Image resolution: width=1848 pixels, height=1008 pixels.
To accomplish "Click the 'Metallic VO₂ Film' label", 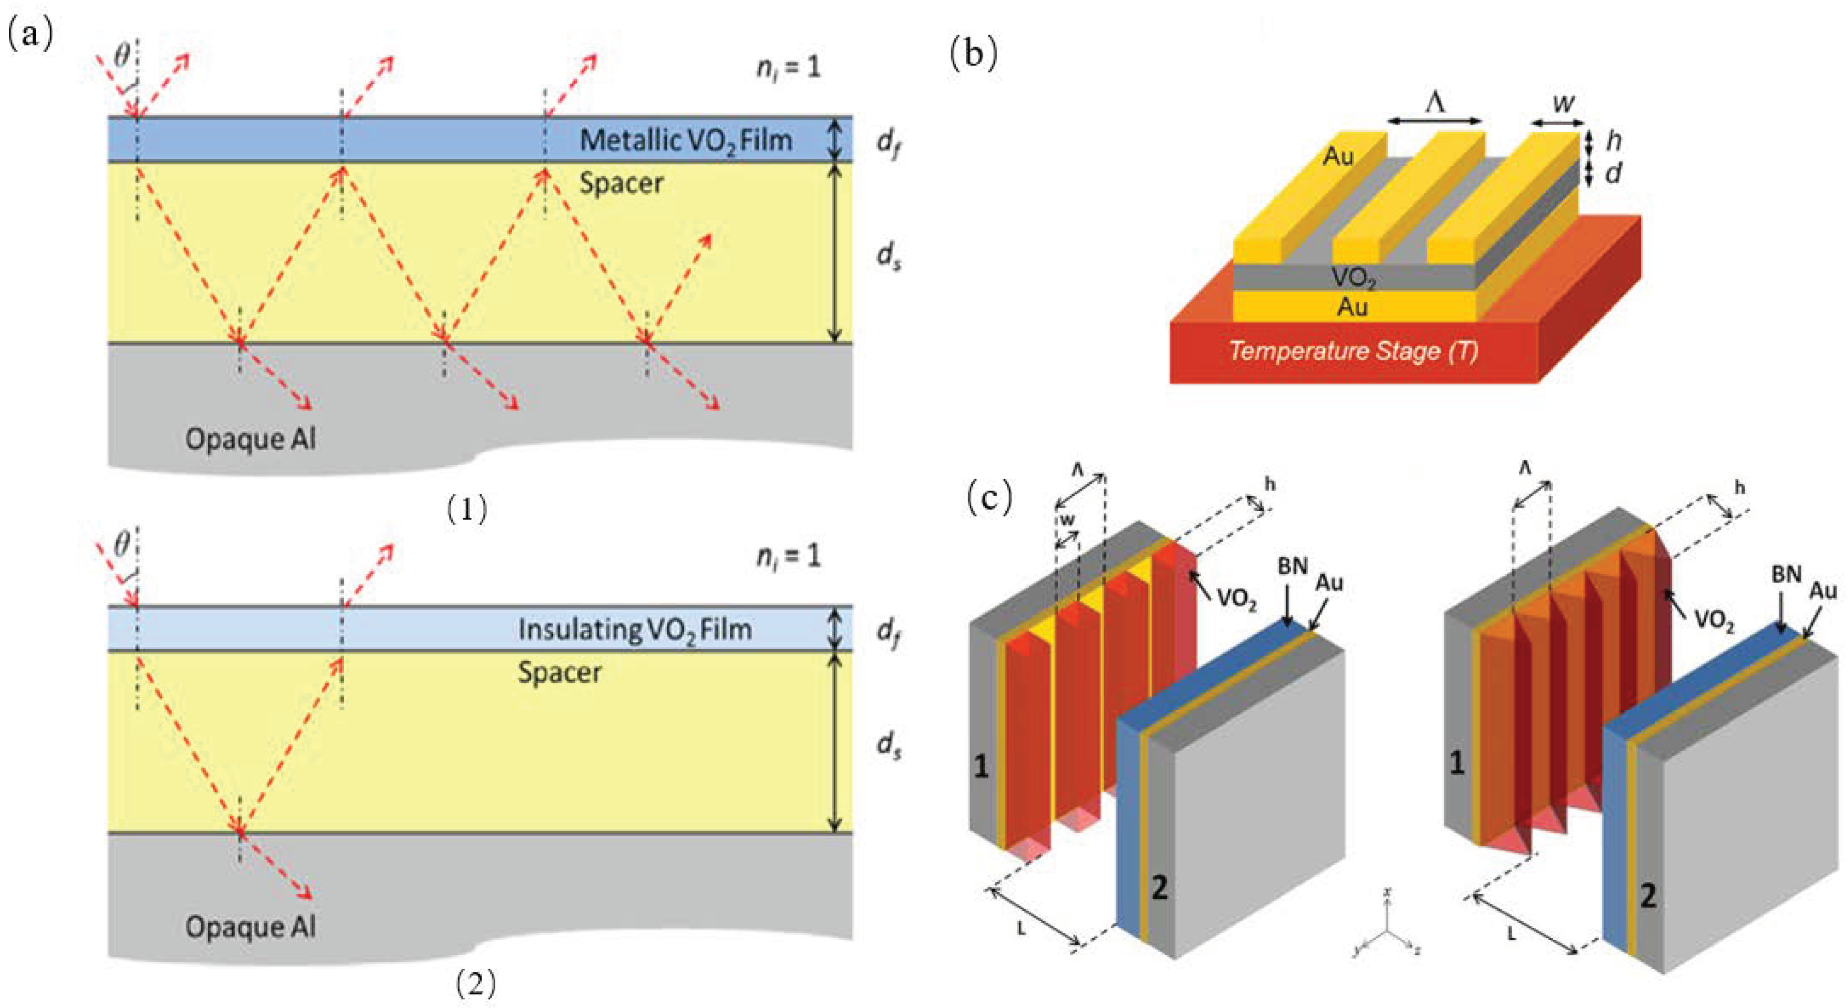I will [x=686, y=140].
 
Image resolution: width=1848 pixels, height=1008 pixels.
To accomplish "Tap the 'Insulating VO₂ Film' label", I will [x=635, y=629].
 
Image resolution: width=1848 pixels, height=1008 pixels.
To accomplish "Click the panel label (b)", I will [x=973, y=54].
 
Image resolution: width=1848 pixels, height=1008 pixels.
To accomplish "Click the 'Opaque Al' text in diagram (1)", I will [x=250, y=438].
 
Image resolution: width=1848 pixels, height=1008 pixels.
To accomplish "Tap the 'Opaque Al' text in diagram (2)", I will [x=250, y=927].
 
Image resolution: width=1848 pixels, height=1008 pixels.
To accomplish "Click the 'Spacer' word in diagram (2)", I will [x=559, y=672].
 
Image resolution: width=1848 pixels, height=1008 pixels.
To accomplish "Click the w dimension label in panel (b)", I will [x=1563, y=104].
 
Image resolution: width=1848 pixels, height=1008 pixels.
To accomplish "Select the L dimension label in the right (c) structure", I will [x=1511, y=934].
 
